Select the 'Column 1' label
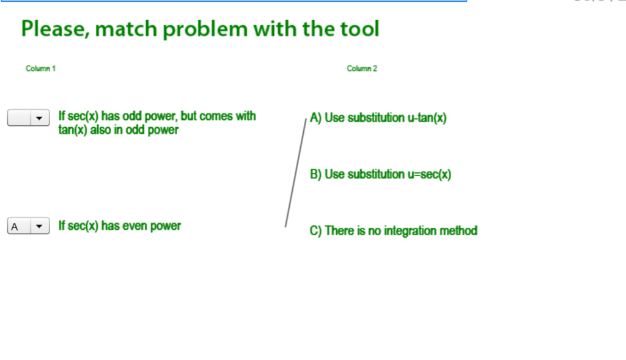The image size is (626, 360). click(40, 68)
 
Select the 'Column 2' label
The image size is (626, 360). click(362, 68)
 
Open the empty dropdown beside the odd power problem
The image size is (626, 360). click(28, 118)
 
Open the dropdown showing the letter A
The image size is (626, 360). click(28, 227)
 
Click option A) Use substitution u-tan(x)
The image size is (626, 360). click(378, 118)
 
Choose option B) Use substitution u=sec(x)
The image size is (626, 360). click(380, 174)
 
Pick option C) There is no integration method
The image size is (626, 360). click(393, 230)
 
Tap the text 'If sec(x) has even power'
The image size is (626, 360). click(119, 226)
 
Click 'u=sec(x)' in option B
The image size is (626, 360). click(429, 174)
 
